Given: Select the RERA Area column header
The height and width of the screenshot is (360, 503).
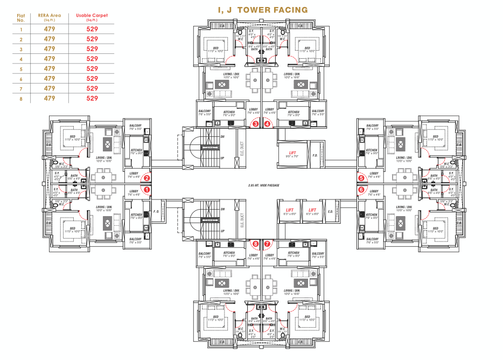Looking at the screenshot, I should [x=50, y=17].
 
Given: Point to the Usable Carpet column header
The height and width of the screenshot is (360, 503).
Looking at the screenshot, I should [x=92, y=17].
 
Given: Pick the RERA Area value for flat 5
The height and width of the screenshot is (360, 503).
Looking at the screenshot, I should [x=50, y=69].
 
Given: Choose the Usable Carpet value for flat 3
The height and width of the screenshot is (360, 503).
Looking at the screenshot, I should [x=92, y=49].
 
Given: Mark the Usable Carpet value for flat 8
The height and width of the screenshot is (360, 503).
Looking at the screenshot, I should [x=92, y=98].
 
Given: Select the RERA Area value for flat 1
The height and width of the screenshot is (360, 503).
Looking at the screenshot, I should [x=50, y=30].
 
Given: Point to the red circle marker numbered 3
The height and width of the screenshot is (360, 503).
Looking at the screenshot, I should [x=256, y=123].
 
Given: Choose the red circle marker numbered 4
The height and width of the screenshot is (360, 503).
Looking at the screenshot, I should [x=268, y=123].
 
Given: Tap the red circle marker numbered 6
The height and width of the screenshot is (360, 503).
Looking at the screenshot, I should [x=361, y=189].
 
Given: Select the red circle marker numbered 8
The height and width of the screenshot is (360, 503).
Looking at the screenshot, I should [x=256, y=244].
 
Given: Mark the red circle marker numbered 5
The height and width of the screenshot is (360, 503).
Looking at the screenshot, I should [x=361, y=178].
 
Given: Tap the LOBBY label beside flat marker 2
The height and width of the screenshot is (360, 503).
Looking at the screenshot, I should [x=134, y=175].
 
